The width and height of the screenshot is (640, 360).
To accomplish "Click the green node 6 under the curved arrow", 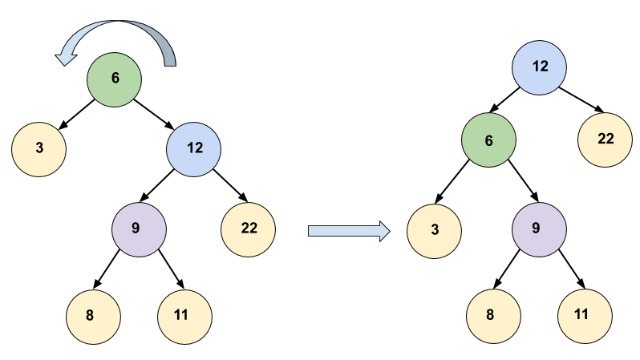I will [x=115, y=79].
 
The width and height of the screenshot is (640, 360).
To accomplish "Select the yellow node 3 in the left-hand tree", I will [x=38, y=148].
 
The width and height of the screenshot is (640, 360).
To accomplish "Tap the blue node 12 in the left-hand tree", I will [x=194, y=148].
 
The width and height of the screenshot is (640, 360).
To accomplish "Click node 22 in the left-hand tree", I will [x=249, y=229].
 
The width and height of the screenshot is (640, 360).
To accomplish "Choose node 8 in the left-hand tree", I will [x=93, y=315].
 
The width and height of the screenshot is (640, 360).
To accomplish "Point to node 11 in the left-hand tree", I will [x=184, y=315].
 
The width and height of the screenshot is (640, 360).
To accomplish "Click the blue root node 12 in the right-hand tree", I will [x=540, y=67].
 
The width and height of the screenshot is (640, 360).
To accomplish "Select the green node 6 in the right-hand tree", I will [x=488, y=140].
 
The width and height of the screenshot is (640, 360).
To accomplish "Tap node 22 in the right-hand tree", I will [x=606, y=140].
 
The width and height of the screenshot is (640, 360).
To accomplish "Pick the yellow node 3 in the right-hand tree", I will [x=435, y=231].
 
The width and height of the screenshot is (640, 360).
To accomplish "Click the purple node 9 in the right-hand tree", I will [x=539, y=229].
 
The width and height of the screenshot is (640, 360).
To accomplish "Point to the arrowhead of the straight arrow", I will [x=383, y=231].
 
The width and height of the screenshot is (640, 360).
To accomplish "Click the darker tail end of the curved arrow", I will [x=168, y=56].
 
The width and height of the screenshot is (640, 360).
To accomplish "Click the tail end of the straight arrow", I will [x=313, y=231].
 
